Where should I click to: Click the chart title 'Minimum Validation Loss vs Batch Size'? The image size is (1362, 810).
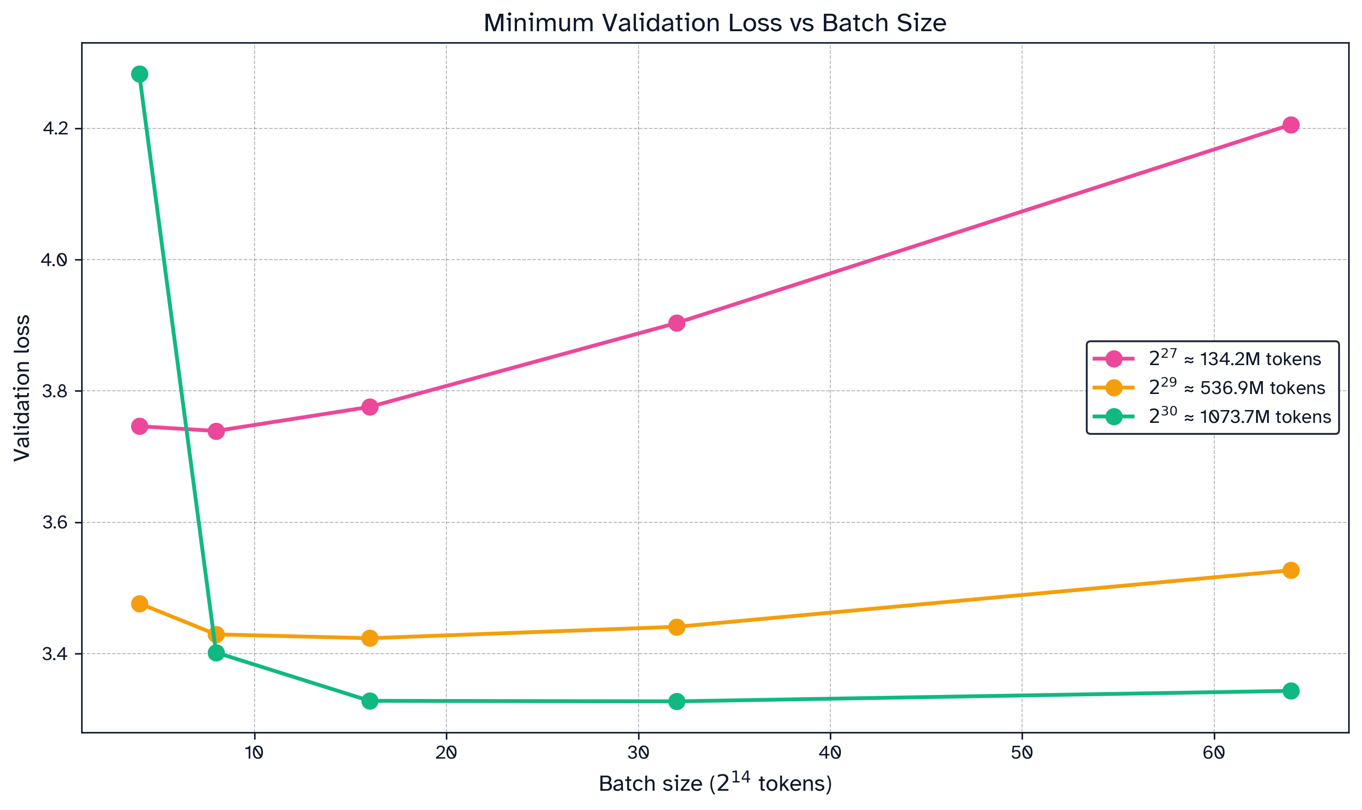[x=715, y=23]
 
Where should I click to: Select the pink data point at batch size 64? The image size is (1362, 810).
[x=1290, y=125]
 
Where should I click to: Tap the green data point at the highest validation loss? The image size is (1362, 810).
[x=140, y=74]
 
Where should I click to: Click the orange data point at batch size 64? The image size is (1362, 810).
[x=1290, y=571]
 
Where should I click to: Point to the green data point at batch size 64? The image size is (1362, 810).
[x=1290, y=691]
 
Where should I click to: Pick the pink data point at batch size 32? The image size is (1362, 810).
[x=676, y=323]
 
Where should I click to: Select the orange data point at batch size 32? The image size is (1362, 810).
[x=676, y=627]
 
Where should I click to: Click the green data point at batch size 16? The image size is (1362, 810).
[x=370, y=701]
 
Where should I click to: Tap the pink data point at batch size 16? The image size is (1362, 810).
[x=370, y=407]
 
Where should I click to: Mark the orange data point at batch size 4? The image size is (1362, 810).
[x=140, y=604]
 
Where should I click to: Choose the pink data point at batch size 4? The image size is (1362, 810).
[x=140, y=426]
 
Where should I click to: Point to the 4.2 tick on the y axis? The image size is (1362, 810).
[x=55, y=129]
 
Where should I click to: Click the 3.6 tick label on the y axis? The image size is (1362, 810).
[x=55, y=523]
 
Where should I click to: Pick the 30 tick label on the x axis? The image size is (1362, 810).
[x=638, y=754]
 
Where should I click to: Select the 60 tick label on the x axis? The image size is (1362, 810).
[x=1213, y=754]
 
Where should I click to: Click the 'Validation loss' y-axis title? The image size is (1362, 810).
[x=22, y=388]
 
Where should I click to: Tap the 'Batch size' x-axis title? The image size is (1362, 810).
[x=715, y=784]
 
